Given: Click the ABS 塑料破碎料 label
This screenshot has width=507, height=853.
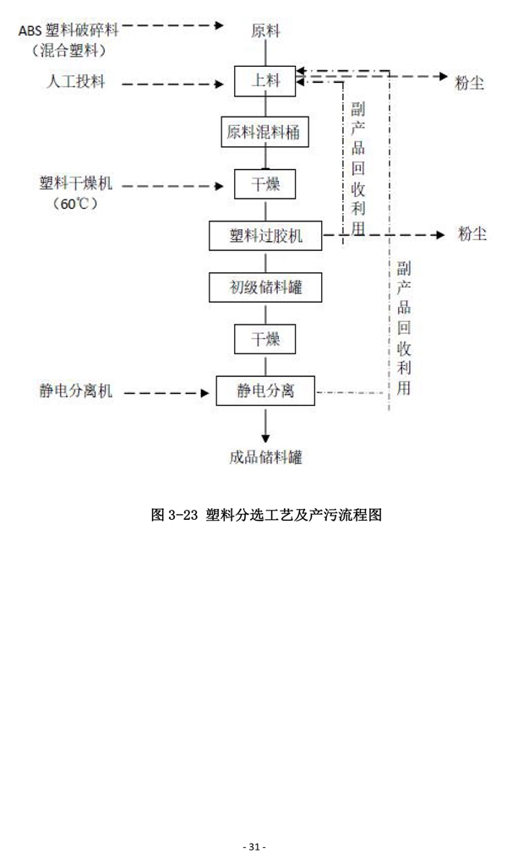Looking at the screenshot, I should (68, 30).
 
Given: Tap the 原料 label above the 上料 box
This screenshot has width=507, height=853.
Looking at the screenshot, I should (265, 31).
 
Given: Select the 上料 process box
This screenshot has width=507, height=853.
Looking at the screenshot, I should (265, 82).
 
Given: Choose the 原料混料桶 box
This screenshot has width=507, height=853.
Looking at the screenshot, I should (265, 132).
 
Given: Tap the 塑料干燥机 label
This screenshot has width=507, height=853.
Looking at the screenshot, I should (74, 183).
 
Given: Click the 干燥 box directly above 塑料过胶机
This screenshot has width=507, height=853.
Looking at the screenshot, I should (265, 183).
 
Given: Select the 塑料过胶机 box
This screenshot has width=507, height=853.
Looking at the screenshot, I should (265, 236).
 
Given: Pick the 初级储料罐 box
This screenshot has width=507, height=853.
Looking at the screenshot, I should (265, 288).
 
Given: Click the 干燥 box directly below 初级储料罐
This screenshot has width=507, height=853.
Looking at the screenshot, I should (265, 339).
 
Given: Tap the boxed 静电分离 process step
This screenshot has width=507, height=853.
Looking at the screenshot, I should (265, 391).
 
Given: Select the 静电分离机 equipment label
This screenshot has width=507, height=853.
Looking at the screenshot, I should (76, 391).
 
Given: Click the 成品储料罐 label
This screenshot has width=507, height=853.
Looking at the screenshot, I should (265, 457).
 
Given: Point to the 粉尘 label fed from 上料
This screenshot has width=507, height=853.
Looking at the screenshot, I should (470, 84).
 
